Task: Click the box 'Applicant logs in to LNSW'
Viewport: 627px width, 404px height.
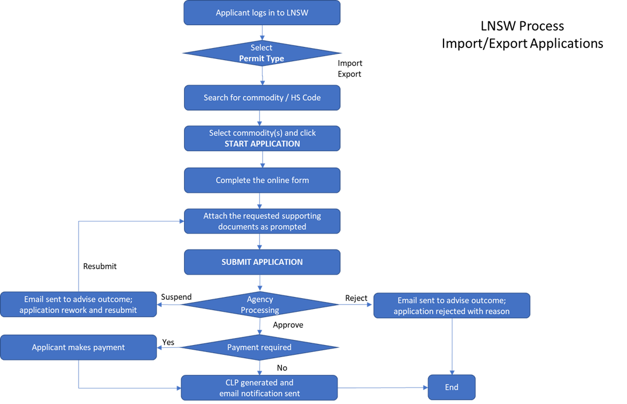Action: coord(262,13)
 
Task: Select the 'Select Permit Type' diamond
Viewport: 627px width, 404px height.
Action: coord(261,53)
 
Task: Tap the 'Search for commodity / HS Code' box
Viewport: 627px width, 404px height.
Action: coord(262,98)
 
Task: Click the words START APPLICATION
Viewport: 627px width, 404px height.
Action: coord(262,144)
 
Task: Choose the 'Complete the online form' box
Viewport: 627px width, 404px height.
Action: coord(262,180)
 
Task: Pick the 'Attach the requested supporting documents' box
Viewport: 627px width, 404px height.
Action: coord(262,221)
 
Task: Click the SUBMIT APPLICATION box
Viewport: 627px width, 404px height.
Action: coord(262,262)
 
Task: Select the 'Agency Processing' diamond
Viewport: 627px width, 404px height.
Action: coord(260,304)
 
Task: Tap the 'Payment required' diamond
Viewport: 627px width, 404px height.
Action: coord(260,347)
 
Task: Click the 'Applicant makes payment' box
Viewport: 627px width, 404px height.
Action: coord(78,347)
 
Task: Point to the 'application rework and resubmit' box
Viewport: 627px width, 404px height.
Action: coord(78,304)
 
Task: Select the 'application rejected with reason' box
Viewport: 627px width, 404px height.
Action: coord(452,306)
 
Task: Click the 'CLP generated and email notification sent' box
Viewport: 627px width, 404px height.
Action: coord(259,388)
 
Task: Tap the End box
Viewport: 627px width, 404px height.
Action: coord(452,387)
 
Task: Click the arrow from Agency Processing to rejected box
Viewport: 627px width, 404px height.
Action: coord(356,304)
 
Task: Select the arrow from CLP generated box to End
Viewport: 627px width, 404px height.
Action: coord(383,388)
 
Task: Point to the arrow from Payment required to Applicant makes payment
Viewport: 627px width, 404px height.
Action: coord(169,347)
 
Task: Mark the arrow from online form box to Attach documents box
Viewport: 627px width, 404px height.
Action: coord(260,200)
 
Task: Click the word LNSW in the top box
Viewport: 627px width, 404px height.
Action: coord(297,13)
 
